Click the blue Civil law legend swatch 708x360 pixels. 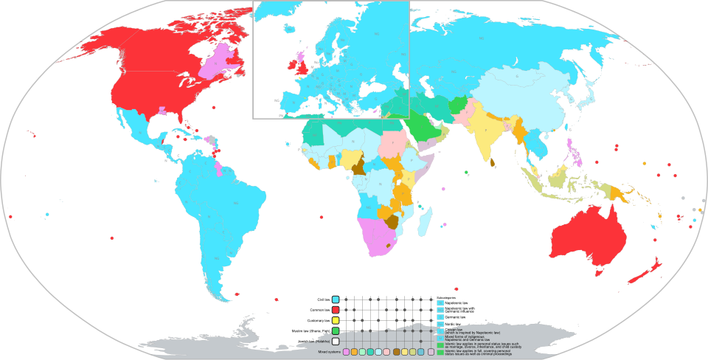click(x=336, y=300)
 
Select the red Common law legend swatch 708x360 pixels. click(x=336, y=310)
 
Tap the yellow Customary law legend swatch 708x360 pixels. click(x=336, y=321)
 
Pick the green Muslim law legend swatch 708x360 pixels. click(x=336, y=331)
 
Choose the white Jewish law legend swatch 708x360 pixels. click(x=336, y=342)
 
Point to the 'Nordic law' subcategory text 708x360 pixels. click(x=453, y=324)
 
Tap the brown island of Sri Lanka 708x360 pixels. click(x=499, y=162)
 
